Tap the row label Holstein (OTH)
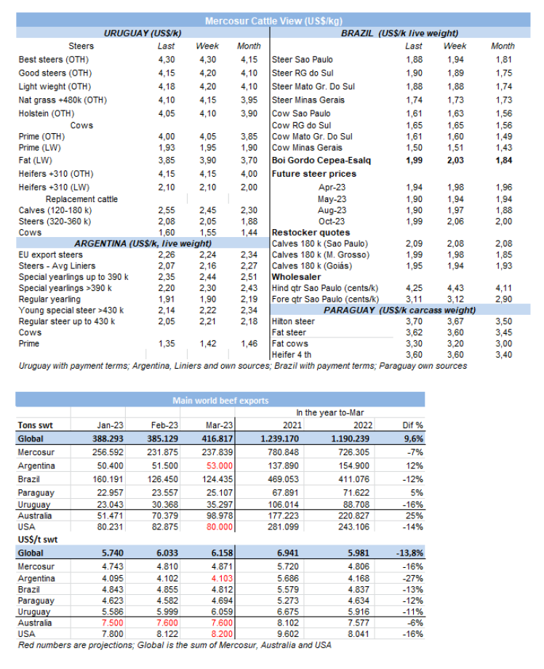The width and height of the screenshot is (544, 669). tap(47, 113)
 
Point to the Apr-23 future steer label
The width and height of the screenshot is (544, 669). tap(332, 187)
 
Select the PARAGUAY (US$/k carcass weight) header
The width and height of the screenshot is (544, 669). tap(400, 310)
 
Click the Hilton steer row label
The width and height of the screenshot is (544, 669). tap(293, 321)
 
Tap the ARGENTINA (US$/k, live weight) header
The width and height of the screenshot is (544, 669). tap(143, 243)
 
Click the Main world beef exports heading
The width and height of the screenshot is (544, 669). tap(220, 401)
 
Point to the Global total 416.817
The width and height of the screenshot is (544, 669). tap(220, 438)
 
